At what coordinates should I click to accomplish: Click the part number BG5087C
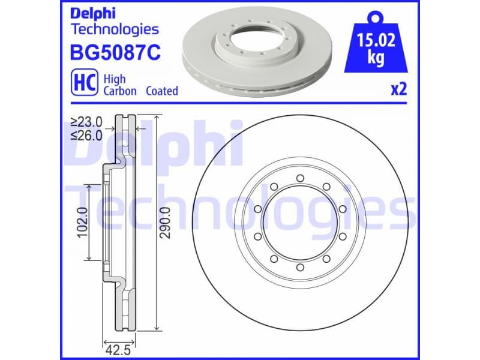coord(116,53)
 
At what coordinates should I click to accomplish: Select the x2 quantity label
coord(398,90)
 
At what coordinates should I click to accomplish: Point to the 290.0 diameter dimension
coord(166,222)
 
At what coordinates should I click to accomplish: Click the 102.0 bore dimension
coord(82,223)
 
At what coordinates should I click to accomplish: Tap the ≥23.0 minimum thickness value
coord(86,122)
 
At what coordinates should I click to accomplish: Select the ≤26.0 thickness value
coord(86,135)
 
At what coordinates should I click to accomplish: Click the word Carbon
coord(120,91)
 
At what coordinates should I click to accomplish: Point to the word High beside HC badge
coord(114,79)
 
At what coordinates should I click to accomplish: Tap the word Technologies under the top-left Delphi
coord(115,29)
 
